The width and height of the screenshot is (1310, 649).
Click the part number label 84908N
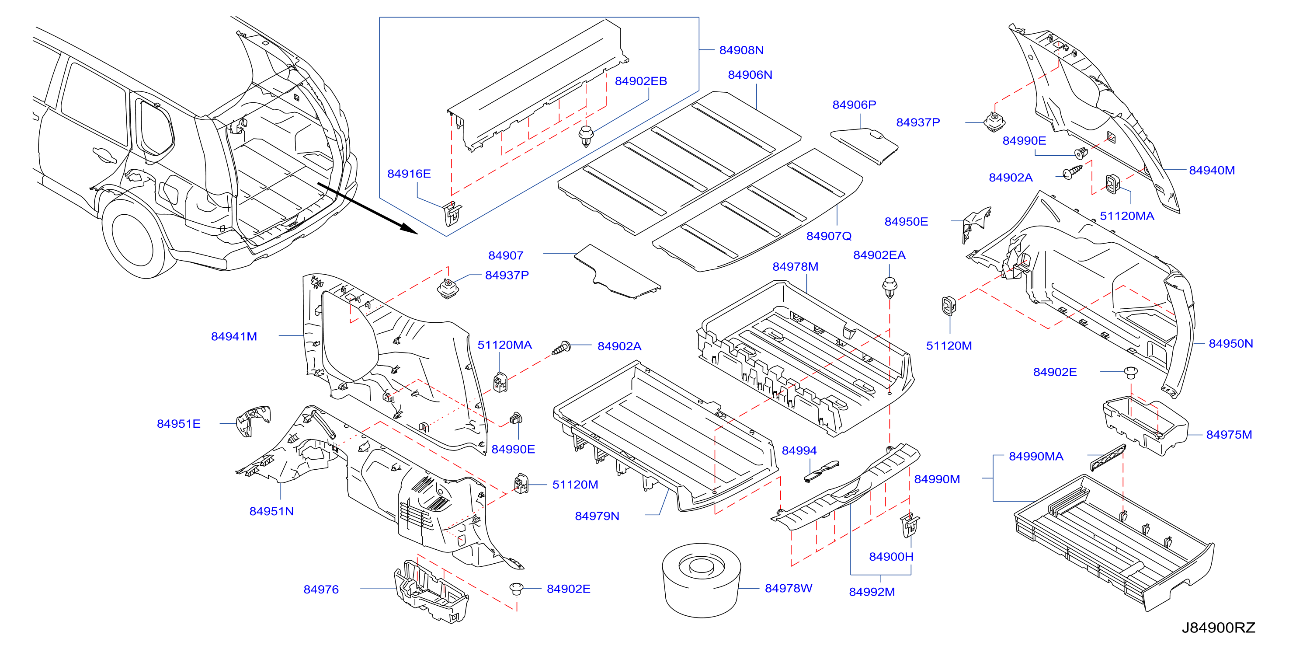(x=741, y=50)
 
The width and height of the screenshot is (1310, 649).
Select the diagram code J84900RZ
(x=1218, y=627)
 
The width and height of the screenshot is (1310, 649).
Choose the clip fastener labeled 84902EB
(x=586, y=136)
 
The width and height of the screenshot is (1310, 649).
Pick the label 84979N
(x=597, y=516)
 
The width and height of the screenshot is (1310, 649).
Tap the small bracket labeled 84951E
(x=253, y=420)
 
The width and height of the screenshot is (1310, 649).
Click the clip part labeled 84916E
(x=452, y=213)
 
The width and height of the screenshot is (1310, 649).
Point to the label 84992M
(x=872, y=592)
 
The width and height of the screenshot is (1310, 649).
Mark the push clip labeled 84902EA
(x=890, y=287)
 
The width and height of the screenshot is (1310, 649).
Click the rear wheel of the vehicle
(x=133, y=238)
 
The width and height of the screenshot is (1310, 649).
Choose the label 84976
(x=321, y=589)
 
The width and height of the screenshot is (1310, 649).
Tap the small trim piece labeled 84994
(x=821, y=471)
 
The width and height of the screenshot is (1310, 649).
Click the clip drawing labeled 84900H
(x=910, y=524)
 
